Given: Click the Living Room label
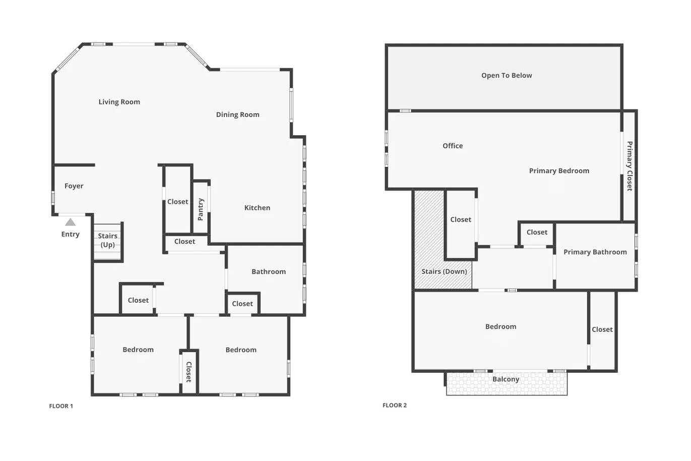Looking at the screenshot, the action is point(119,102).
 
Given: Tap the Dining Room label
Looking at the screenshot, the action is point(237,114).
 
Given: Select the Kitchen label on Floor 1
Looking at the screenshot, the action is point(257,208).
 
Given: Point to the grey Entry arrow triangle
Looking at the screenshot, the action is point(71,222).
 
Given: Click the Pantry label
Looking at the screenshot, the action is point(201,209).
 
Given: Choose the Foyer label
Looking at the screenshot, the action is point(74,186).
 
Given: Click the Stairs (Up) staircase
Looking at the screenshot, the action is point(107,241).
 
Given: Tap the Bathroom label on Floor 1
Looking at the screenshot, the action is point(269,272).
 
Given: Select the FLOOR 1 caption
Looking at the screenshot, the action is point(61,406).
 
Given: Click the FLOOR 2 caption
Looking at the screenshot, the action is point(395,406).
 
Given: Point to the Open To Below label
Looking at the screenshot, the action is point(507,75).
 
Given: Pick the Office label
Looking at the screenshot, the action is point(453,146).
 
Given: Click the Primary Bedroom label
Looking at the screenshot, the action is point(559,171).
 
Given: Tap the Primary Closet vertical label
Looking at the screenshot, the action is point(630,166).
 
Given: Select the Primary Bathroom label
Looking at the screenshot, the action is point(595,252).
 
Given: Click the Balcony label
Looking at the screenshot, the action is point(506,379).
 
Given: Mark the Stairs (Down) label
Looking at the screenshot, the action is point(444,271).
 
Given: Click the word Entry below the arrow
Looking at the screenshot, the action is point(71,234).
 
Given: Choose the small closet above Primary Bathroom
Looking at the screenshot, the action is point(537,234).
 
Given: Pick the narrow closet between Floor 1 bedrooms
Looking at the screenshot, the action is point(189,372).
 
